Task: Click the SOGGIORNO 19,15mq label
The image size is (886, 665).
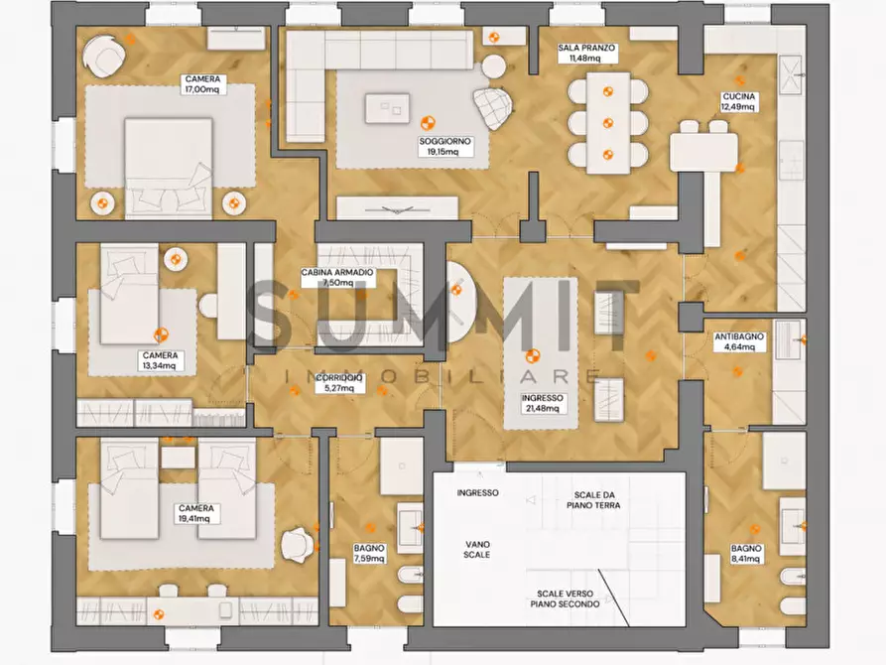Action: point(445,147)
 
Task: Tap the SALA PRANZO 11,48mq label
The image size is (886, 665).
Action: point(586,53)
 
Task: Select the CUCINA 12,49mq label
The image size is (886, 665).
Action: point(738,102)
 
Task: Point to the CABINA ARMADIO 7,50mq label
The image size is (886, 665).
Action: point(337,277)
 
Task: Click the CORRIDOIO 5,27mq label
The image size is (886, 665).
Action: point(339,382)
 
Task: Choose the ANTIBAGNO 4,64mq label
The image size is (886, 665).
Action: point(739,341)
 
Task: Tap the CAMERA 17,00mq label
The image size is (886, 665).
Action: point(202,84)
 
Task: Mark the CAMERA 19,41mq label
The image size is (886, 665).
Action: point(196,513)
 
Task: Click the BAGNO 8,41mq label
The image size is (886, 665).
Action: point(746,553)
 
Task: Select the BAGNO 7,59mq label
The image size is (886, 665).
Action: point(369,553)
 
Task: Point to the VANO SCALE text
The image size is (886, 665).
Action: point(477,549)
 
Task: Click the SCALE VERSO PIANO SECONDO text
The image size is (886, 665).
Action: point(566,598)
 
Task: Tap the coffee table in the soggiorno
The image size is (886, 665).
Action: point(387,108)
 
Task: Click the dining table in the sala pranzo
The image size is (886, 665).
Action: point(608,123)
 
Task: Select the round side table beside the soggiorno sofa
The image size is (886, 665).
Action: point(494,66)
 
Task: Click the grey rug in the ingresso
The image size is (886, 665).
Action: point(541,353)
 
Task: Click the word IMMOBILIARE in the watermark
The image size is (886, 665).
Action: point(443,376)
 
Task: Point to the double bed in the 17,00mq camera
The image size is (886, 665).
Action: point(169,169)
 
